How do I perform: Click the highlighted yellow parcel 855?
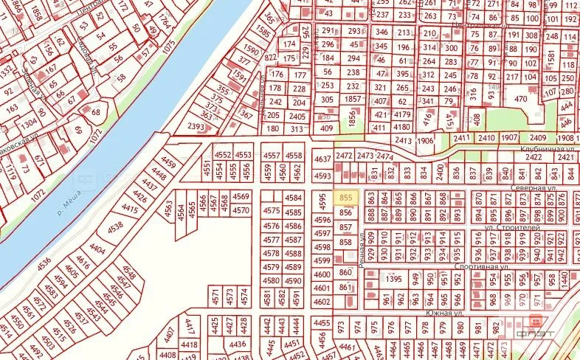coord(346,198)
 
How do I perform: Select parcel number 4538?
coord(116,227)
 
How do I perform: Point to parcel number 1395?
coord(393,280)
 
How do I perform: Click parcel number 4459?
coord(169,163)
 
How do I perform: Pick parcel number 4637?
coord(322,159)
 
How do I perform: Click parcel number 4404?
coord(98,249)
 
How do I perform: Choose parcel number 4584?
coord(294,198)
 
